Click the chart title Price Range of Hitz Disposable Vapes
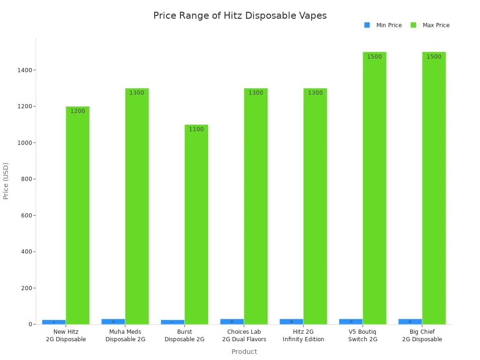[240, 16]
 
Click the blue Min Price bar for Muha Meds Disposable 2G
[113, 322]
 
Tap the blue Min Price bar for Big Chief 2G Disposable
[410, 322]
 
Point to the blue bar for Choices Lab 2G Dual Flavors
[232, 322]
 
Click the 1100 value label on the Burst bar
[196, 129]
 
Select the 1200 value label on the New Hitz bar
[77, 111]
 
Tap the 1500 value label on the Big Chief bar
[434, 57]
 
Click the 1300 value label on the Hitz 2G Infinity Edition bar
[315, 93]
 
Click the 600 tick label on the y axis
[26, 216]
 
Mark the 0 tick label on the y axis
[30, 324]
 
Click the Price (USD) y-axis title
[6, 181]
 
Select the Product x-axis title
[244, 352]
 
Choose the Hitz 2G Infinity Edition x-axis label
[303, 336]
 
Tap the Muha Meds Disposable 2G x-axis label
[125, 336]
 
